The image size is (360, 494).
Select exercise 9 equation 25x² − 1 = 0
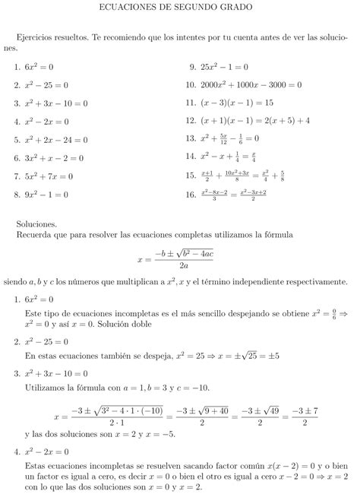tap(225, 66)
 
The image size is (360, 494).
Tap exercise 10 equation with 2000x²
tap(251, 84)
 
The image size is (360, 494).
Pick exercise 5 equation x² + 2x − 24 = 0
tap(56, 139)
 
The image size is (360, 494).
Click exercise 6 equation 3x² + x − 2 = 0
tap(54, 158)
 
